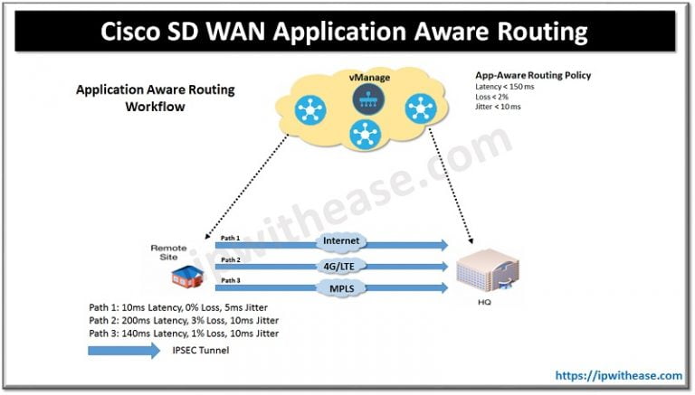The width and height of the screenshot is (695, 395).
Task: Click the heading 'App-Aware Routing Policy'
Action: tap(532, 75)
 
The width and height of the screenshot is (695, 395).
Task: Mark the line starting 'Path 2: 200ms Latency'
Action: tap(178, 320)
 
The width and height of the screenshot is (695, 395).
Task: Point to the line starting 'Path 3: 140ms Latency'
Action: tap(178, 334)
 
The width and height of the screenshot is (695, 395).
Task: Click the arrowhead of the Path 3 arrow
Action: tap(443, 288)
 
